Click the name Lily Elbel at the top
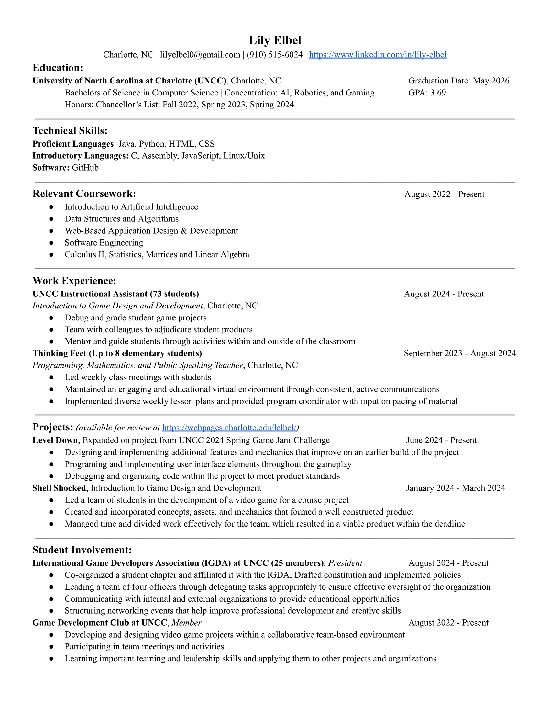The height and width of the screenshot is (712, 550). (275, 40)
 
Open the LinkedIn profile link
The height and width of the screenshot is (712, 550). (377, 55)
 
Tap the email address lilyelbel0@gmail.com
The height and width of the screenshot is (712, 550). (200, 55)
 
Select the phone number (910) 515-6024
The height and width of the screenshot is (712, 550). (274, 55)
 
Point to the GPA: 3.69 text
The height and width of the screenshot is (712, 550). (427, 93)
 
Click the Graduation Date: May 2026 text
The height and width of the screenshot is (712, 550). (458, 81)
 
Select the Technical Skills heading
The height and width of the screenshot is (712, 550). (70, 131)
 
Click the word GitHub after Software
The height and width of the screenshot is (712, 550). (85, 168)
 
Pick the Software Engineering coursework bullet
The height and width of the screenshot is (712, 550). (104, 243)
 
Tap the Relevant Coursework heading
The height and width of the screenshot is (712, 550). (84, 194)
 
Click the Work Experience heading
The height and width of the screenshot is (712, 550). (74, 281)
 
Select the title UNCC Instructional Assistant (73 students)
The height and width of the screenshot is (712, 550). (115, 294)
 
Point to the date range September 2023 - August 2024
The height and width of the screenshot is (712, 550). (459, 354)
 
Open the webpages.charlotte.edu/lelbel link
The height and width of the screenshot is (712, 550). (229, 428)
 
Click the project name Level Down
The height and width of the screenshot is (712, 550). (55, 441)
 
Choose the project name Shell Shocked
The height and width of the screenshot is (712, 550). (59, 488)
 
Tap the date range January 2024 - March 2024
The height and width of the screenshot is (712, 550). (455, 488)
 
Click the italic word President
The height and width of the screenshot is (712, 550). (345, 563)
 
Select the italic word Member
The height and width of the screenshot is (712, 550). (186, 623)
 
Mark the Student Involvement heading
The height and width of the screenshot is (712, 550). (82, 550)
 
